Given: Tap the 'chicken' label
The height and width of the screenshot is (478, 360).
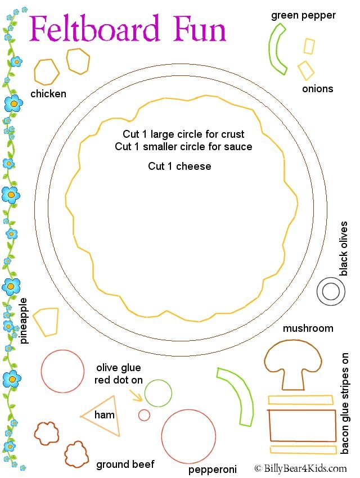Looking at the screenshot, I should pos(48,94).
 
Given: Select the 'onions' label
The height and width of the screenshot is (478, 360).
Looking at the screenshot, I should pos(317,89).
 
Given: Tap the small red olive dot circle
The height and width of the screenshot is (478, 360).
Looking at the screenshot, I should pos(144,415).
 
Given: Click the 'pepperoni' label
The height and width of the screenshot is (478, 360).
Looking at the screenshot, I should pos(212,469).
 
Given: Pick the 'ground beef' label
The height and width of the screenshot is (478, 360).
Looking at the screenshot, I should pos(125,464).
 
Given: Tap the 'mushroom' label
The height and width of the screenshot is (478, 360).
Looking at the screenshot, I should pos(308,328).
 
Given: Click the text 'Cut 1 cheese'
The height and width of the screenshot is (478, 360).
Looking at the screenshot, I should pos(179,166).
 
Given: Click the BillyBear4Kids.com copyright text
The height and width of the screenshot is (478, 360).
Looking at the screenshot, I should pos(300,468).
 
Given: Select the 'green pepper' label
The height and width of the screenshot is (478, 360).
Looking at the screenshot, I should pos(303,15).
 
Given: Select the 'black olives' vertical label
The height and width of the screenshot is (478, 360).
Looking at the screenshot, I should pos(343,248).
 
